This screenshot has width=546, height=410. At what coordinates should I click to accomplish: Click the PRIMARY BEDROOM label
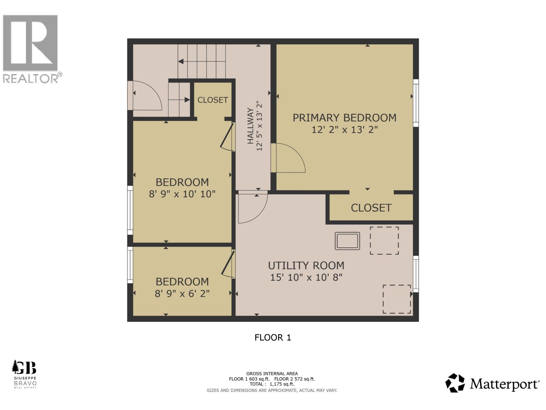[344, 118]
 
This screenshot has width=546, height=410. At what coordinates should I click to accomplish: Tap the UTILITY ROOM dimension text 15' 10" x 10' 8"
[306, 277]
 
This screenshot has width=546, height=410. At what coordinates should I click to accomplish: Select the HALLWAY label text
[250, 126]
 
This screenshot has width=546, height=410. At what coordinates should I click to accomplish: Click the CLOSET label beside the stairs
[213, 100]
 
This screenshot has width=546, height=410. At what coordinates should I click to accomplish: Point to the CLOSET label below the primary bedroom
[371, 208]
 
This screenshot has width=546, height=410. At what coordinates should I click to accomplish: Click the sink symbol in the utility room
[347, 241]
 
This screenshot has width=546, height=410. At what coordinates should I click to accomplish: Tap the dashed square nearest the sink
[384, 241]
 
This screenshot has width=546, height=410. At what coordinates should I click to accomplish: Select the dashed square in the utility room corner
[397, 299]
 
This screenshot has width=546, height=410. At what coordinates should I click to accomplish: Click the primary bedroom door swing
[288, 158]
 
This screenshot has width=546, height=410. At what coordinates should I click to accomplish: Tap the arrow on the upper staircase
[181, 61]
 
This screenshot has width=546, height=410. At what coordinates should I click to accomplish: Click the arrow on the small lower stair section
[187, 100]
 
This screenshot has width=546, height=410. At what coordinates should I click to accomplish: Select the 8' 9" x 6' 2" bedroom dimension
[182, 293]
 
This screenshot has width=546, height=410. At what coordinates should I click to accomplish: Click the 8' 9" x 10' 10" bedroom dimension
[182, 194]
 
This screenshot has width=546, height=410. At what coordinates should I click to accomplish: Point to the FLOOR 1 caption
[273, 338]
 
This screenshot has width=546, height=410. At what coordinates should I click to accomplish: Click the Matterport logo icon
[455, 383]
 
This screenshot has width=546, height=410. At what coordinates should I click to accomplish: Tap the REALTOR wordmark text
[31, 79]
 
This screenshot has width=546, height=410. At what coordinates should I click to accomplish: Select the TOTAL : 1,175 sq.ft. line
[272, 384]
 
